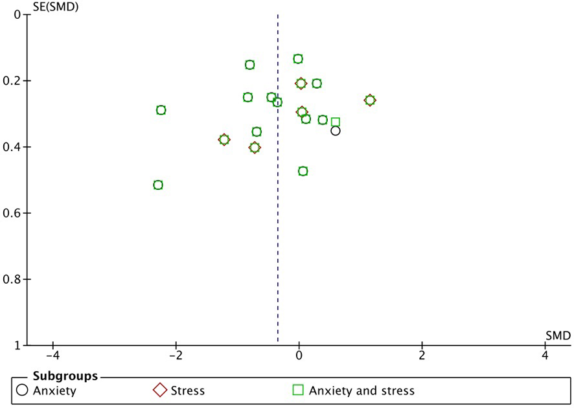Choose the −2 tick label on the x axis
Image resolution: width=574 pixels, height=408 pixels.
(x=176, y=356)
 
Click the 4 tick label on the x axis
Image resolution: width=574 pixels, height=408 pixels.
(x=545, y=356)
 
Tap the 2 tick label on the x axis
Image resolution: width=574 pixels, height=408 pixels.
(x=422, y=356)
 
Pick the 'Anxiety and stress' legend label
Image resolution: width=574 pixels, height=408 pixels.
(x=362, y=391)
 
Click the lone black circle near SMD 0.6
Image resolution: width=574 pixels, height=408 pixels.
(x=336, y=131)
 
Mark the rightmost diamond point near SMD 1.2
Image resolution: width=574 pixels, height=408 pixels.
(x=370, y=100)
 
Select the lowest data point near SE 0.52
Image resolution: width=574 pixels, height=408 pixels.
(x=158, y=185)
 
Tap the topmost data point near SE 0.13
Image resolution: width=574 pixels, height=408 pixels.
(x=298, y=59)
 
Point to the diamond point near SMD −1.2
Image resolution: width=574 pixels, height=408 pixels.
(x=224, y=140)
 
